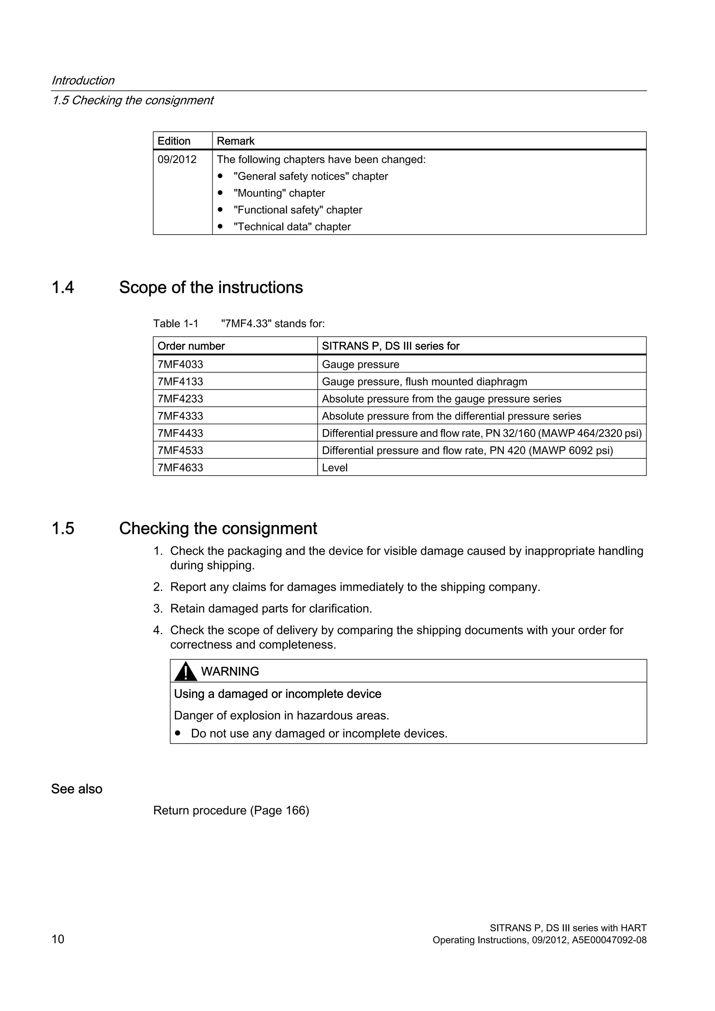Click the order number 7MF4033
point(180,364)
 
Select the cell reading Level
point(334,468)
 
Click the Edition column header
point(174,141)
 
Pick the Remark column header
point(236,141)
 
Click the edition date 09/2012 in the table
point(177,160)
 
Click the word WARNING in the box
point(230,672)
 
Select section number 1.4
point(62,288)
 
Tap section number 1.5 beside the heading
point(62,529)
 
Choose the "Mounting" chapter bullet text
point(279,193)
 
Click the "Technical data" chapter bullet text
point(292,227)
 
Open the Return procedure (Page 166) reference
point(231,810)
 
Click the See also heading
point(76,789)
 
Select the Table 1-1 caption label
point(176,324)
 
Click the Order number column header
point(191,346)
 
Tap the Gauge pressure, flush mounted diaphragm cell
point(425,382)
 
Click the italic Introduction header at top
point(83,81)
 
